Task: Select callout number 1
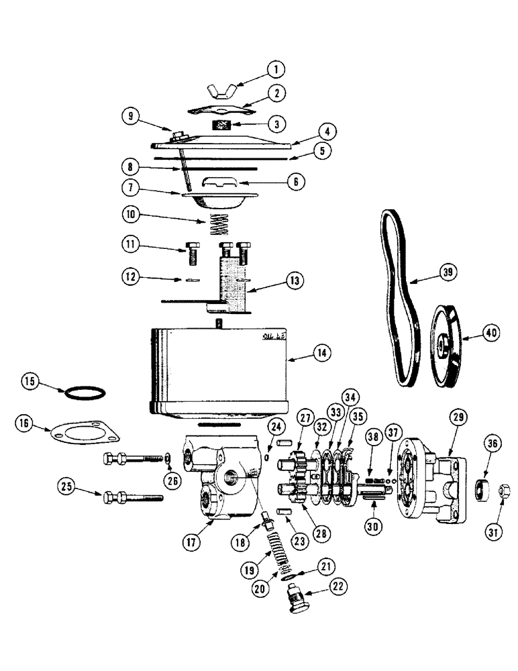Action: click(274, 69)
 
